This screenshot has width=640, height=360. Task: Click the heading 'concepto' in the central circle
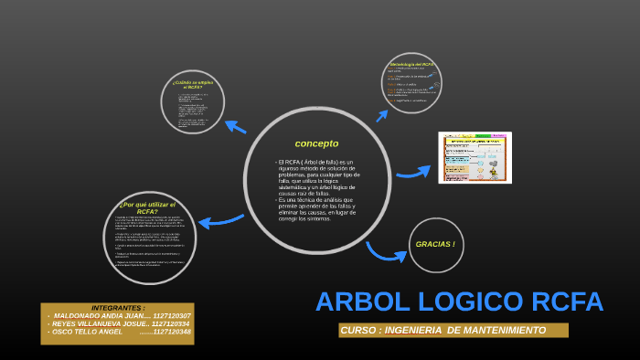[x=316, y=143]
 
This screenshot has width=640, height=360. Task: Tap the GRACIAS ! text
[x=435, y=244]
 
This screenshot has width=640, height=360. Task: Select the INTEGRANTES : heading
[x=118, y=308]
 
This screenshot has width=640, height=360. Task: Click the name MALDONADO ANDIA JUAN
[x=98, y=316]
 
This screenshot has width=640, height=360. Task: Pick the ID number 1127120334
[x=171, y=323]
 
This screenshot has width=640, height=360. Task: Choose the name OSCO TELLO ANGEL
[x=87, y=332]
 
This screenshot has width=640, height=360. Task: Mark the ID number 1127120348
[x=172, y=332]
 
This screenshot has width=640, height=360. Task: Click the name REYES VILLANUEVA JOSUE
[x=98, y=323]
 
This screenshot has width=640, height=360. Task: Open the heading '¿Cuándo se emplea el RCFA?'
[x=193, y=84]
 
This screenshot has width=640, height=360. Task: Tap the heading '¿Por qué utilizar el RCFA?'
[x=147, y=207]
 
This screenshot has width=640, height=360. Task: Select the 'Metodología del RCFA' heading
[x=412, y=65]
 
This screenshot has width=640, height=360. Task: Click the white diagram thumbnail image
[x=475, y=157]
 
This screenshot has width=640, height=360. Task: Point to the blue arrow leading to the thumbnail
[x=413, y=172]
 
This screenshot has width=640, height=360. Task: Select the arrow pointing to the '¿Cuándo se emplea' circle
[x=235, y=127]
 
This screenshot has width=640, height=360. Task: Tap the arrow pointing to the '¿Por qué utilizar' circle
[x=220, y=220]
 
